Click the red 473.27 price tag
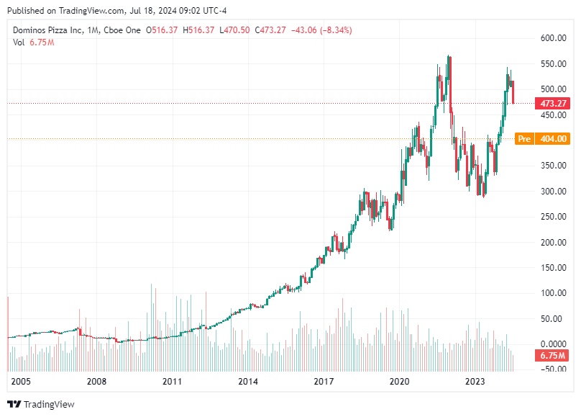pyautogui.click(x=552, y=104)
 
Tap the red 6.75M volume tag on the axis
pyautogui.click(x=552, y=356)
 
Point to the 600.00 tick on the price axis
pyautogui.click(x=552, y=38)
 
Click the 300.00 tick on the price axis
pyautogui.click(x=552, y=191)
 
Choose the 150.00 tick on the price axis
pyautogui.click(x=552, y=267)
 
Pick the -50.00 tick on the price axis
pyautogui.click(x=552, y=369)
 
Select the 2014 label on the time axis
pyautogui.click(x=247, y=382)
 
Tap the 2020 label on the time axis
pyautogui.click(x=399, y=382)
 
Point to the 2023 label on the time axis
pyautogui.click(x=475, y=382)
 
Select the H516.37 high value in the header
pyautogui.click(x=201, y=30)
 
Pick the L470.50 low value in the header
pyautogui.click(x=235, y=30)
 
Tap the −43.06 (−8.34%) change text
pyautogui.click(x=322, y=30)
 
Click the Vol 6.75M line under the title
pyautogui.click(x=33, y=42)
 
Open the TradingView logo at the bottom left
pyautogui.click(x=41, y=404)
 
